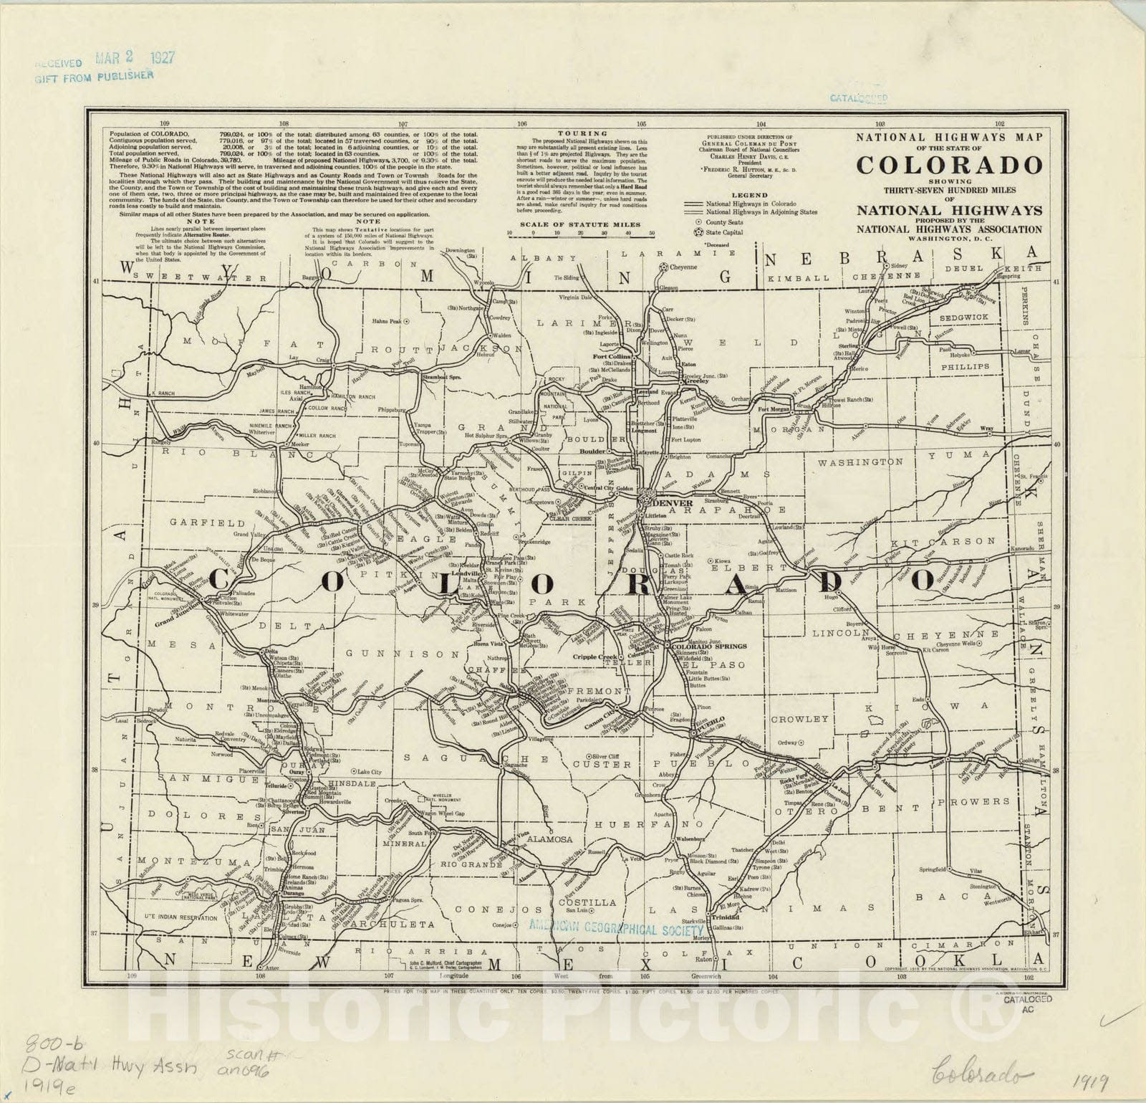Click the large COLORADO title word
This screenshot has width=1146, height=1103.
click(948, 165)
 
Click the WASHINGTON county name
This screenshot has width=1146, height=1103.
click(860, 462)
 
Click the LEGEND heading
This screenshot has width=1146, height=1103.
click(748, 195)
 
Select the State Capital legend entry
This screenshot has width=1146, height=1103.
click(723, 232)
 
